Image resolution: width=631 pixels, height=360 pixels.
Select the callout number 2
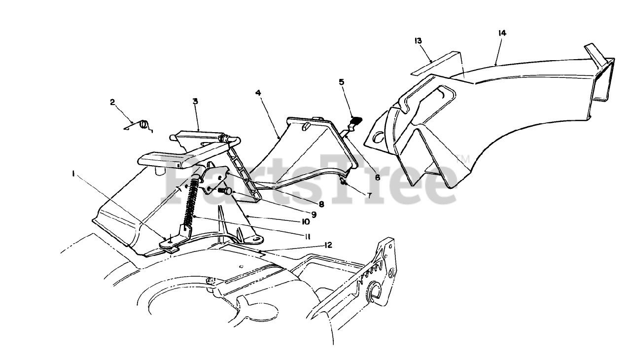click(112, 102)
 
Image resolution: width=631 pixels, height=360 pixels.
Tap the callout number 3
click(195, 101)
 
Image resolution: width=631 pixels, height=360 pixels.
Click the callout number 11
click(307, 236)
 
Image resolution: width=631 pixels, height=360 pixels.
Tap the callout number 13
click(418, 40)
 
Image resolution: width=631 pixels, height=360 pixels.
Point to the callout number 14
click(502, 33)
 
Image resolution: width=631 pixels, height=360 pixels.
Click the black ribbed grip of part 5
click(355, 120)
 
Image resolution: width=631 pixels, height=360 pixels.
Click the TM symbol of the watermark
click(463, 159)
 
